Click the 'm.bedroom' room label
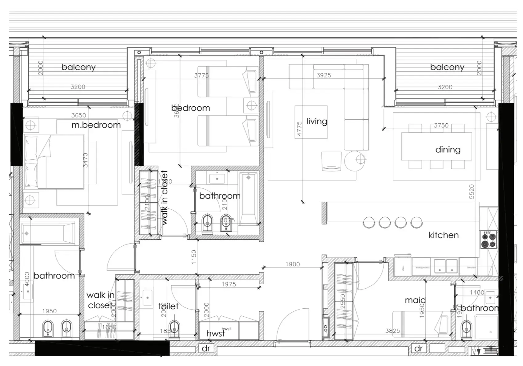tap(96, 125)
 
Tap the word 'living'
tap(317, 121)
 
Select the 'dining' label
tap(448, 150)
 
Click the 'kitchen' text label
tap(443, 235)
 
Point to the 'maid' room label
tap(415, 300)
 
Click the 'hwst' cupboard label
tap(215, 334)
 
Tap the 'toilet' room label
tap(168, 306)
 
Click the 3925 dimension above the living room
tap(324, 75)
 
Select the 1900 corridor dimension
tap(292, 264)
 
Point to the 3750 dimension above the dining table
tap(441, 125)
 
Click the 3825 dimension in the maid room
tap(392, 331)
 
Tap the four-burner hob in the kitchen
tap(489, 240)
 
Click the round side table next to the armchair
tap(355, 161)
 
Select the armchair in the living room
tap(331, 161)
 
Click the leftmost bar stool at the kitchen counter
tap(369, 222)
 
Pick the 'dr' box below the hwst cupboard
tap(206, 348)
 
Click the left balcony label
tap(78, 67)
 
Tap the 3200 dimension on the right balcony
tap(445, 87)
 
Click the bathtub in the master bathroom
tap(48, 233)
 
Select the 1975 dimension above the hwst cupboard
tap(229, 284)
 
